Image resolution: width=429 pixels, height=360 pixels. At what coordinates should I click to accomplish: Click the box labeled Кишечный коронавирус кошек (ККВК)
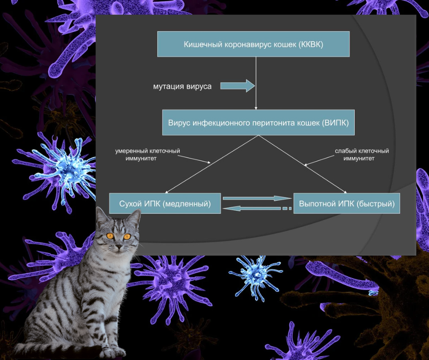point(253,44)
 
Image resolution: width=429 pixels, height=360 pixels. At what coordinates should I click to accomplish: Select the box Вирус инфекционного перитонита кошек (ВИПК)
point(258,122)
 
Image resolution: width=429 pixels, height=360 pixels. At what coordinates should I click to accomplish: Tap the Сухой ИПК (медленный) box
point(165,203)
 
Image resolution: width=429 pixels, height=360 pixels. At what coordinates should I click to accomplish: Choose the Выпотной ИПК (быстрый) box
point(347,203)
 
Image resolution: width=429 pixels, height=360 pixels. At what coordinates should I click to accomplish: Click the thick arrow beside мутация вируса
point(237,86)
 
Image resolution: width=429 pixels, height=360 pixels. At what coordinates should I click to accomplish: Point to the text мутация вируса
point(182,86)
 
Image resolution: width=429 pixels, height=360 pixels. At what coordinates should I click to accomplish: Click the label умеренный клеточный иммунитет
point(147,154)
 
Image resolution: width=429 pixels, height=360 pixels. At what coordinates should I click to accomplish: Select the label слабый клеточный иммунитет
point(362,154)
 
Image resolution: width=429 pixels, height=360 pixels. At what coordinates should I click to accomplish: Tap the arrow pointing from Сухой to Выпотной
point(257,198)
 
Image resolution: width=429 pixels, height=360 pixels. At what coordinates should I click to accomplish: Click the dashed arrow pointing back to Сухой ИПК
point(257,208)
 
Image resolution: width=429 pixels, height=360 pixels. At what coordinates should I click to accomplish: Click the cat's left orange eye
point(110,236)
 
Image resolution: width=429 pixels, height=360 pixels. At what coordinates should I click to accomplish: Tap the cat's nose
point(119,248)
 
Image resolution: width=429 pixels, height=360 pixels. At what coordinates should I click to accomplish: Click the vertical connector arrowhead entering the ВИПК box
point(256,108)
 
